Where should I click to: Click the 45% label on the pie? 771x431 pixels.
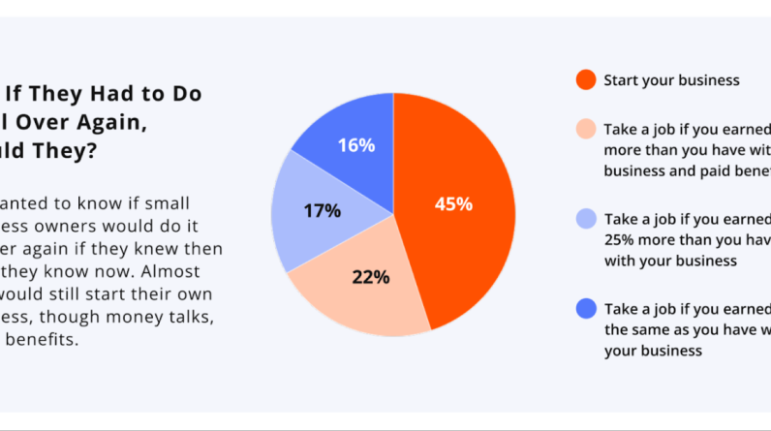(x=453, y=204)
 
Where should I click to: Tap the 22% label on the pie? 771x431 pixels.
(x=370, y=277)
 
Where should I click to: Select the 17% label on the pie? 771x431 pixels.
(x=323, y=210)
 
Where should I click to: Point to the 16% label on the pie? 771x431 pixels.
(x=355, y=146)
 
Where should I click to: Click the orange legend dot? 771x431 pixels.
(x=584, y=80)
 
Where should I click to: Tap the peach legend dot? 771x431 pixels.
(x=584, y=129)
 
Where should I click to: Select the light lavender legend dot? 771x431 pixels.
(x=584, y=220)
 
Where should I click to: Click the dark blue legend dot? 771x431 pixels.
(x=584, y=309)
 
